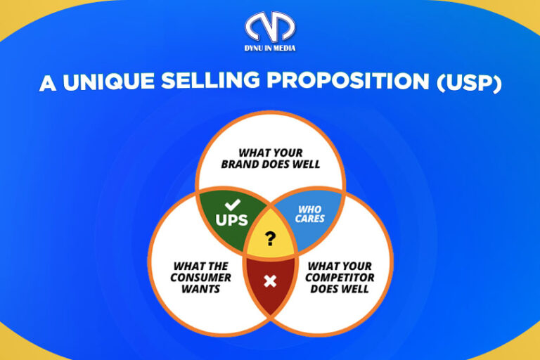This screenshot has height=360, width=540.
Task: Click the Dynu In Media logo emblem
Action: [x=270, y=26]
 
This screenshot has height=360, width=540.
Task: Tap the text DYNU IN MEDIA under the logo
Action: [x=271, y=48]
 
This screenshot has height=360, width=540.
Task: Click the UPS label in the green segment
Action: [x=231, y=220]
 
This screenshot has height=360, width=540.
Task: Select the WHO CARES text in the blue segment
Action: [x=310, y=214]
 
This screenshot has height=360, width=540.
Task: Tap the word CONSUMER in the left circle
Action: [x=200, y=277]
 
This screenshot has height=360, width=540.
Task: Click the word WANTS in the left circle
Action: [x=200, y=288]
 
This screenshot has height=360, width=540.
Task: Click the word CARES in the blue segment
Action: [x=310, y=219]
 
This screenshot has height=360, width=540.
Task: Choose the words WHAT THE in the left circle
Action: [x=200, y=266]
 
